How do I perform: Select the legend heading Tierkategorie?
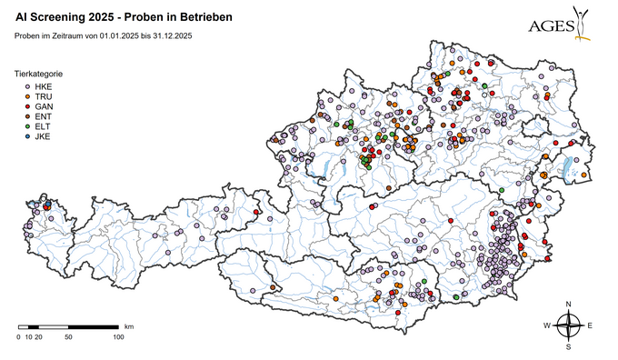point(38,73)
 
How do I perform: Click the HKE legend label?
point(43,86)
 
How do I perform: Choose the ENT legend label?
point(43,116)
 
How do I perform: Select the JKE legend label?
point(43,136)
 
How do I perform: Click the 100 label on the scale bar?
point(118,337)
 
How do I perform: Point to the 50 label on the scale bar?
point(68,337)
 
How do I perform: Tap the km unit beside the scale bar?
point(129,325)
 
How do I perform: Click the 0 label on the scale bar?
point(18,337)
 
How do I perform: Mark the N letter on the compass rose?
point(569,304)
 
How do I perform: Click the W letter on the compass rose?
point(547,325)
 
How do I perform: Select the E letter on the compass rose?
point(591,325)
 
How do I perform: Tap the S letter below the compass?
point(569,346)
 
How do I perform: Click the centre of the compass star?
point(569,324)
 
